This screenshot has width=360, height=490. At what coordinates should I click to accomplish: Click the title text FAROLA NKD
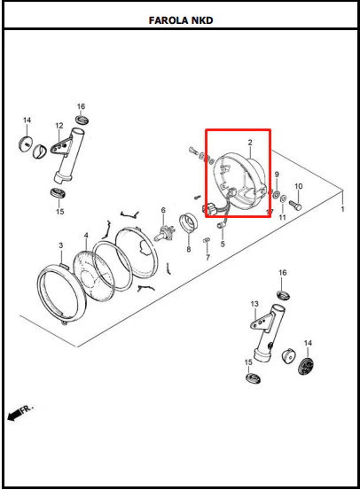181,20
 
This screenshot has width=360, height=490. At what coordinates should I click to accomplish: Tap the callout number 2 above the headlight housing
250,143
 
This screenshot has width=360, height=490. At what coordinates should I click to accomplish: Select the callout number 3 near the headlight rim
61,245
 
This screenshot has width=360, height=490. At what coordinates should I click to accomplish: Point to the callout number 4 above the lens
86,235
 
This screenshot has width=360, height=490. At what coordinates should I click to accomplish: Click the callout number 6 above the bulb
163,210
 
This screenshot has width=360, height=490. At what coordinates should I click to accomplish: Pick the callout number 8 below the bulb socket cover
189,249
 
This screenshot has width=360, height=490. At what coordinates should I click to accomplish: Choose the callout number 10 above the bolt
299,186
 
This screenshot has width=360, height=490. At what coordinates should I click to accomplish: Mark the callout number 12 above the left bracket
59,126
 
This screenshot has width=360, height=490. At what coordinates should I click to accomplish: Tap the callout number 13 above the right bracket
254,304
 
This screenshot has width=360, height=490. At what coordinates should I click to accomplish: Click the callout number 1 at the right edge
343,209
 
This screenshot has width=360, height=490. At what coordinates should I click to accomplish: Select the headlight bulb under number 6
163,233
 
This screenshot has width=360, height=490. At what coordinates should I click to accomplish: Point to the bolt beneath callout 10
296,205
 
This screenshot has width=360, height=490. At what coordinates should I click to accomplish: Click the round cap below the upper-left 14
26,144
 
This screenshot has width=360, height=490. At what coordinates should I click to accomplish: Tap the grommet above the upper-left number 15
58,193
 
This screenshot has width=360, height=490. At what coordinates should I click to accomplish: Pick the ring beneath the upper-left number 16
82,119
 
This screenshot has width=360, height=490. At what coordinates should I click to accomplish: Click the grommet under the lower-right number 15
253,377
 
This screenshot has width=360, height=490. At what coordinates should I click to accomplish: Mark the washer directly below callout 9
277,195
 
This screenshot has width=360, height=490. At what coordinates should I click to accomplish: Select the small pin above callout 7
207,240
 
